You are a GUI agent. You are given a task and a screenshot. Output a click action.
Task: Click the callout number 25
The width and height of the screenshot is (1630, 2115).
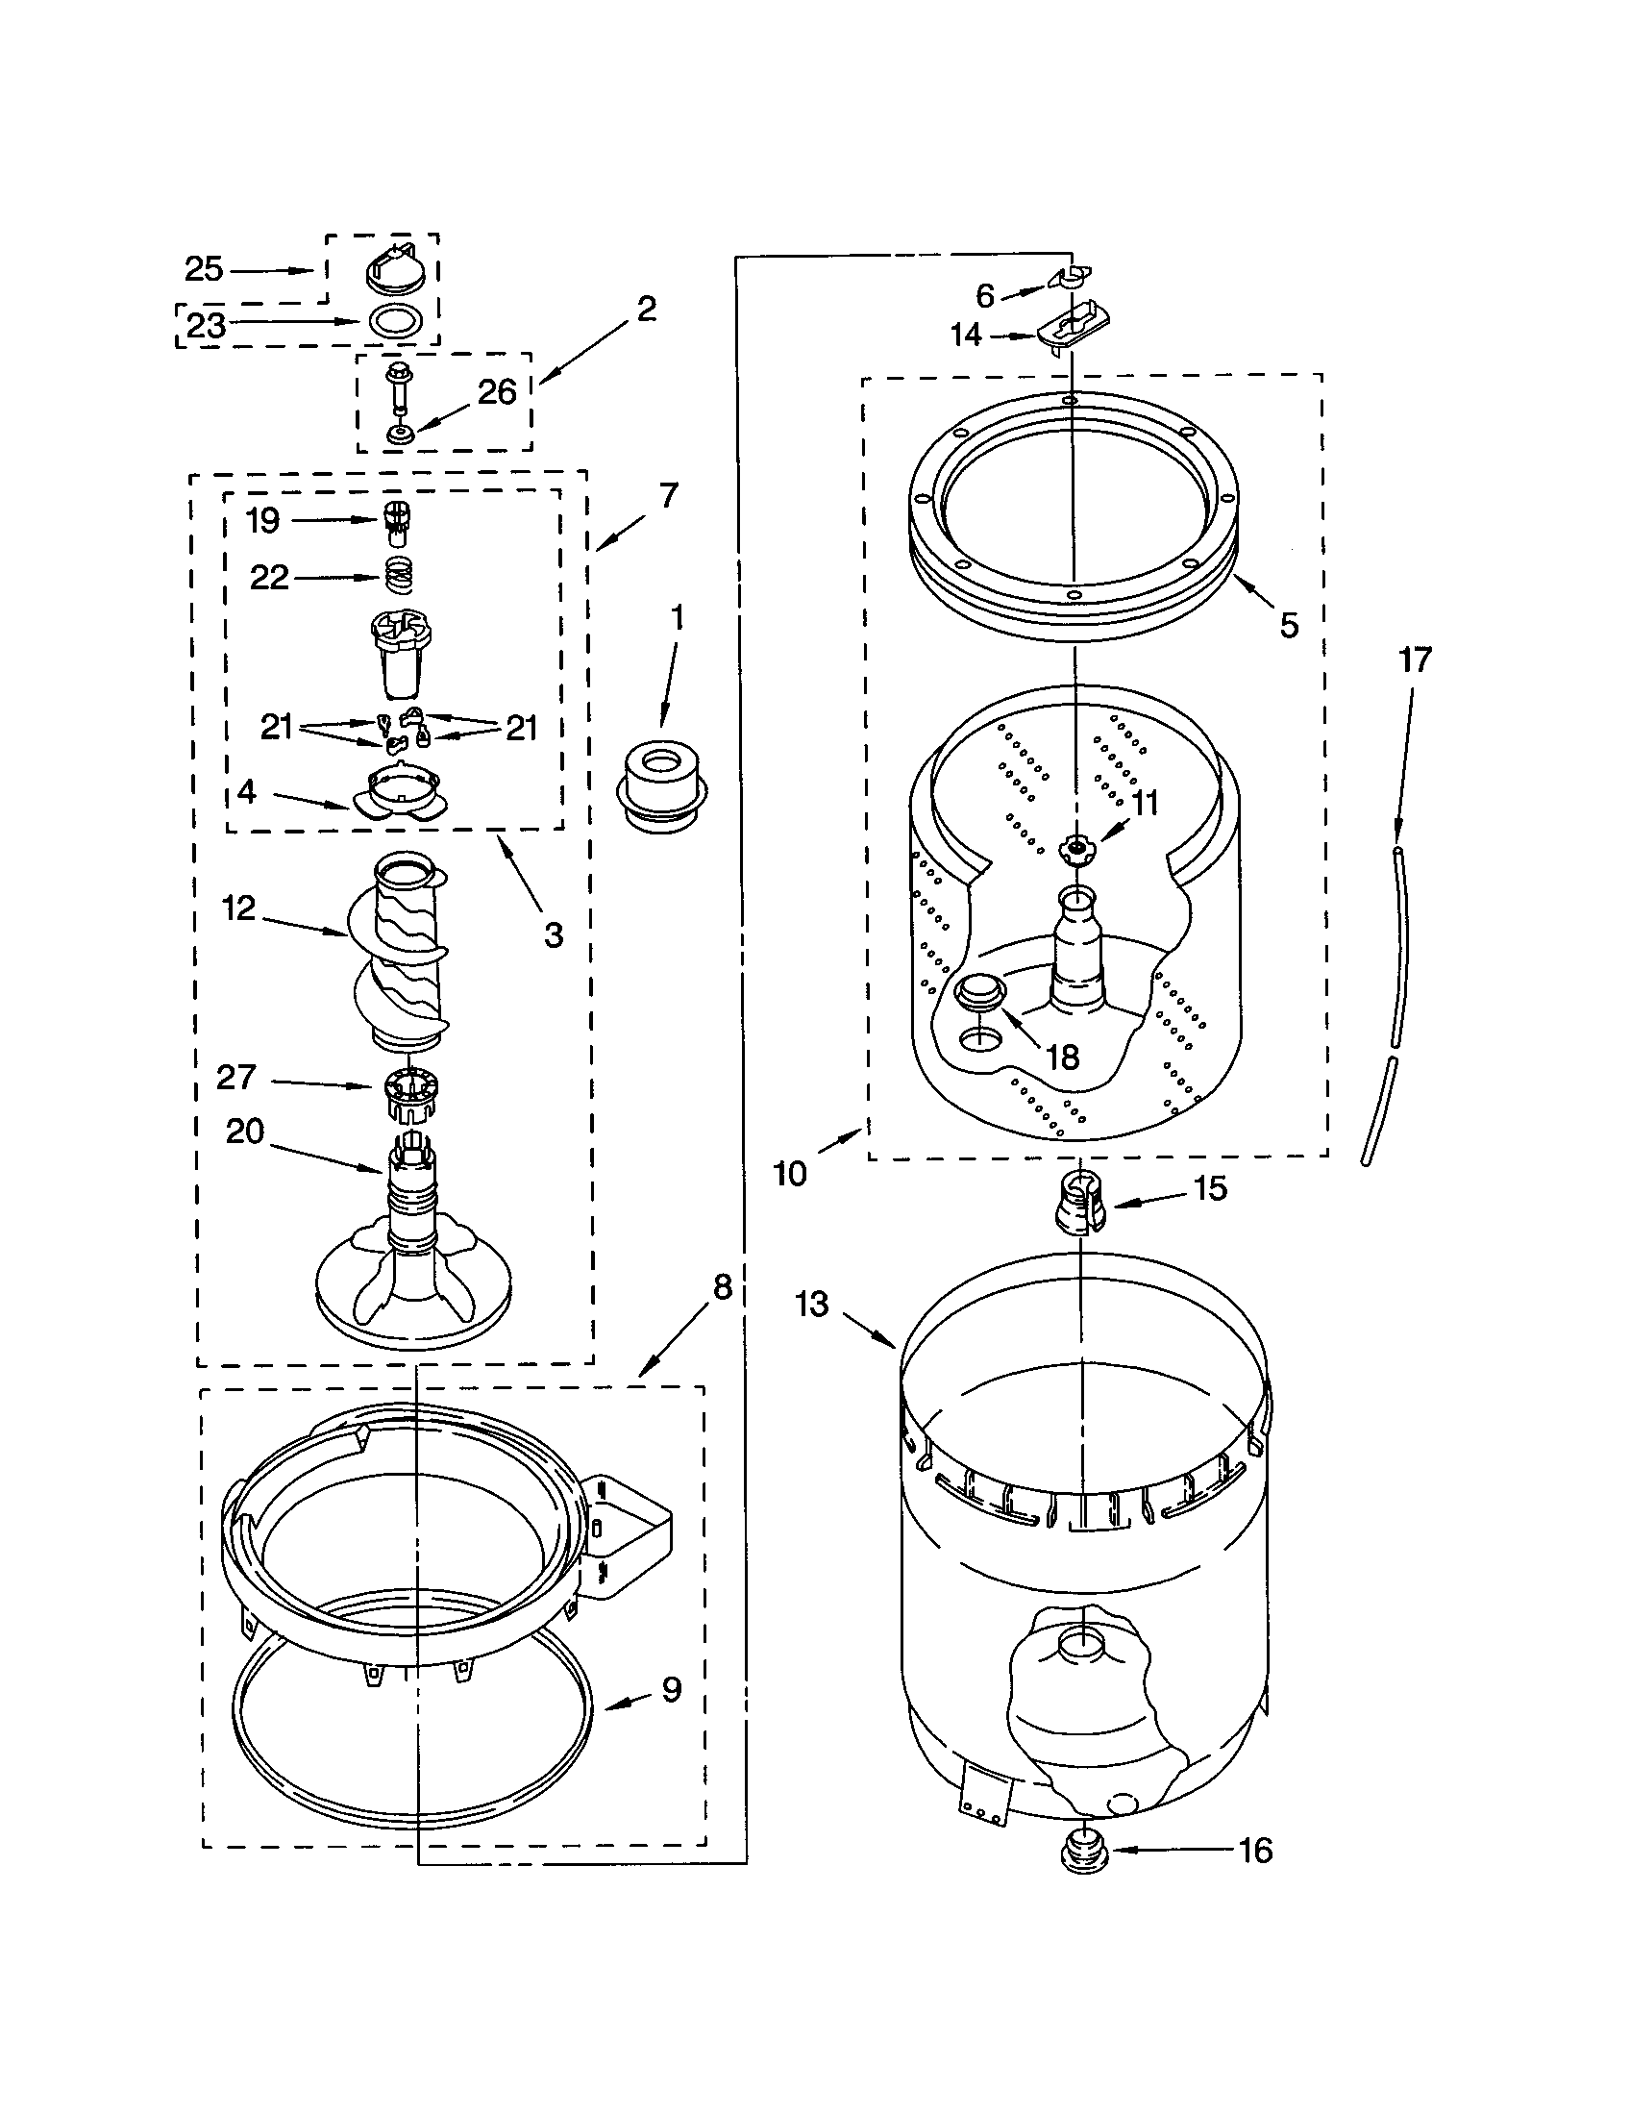click(203, 269)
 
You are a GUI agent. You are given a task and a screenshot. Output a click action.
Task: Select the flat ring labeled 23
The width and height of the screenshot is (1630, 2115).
click(396, 319)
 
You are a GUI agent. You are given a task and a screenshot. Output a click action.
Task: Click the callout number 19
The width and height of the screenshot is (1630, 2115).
click(262, 521)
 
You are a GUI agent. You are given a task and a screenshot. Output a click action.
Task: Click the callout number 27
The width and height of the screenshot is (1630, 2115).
click(235, 1077)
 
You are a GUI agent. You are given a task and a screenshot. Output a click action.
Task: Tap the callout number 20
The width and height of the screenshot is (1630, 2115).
click(245, 1131)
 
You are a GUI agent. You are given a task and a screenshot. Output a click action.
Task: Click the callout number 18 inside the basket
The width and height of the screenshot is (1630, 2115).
click(1063, 1057)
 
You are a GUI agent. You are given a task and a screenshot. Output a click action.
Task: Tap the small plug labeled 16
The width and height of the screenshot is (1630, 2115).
click(1084, 1856)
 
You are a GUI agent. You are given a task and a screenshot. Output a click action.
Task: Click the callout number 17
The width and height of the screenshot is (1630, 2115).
click(1414, 660)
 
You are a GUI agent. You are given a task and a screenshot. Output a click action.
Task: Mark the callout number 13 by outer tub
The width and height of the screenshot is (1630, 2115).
click(812, 1305)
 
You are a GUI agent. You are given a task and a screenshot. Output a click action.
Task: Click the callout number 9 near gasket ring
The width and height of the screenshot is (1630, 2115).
click(672, 1690)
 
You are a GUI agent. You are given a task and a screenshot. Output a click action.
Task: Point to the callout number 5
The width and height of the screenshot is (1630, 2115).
click(1288, 626)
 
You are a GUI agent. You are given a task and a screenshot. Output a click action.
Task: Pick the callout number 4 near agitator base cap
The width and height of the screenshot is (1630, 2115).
click(247, 791)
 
